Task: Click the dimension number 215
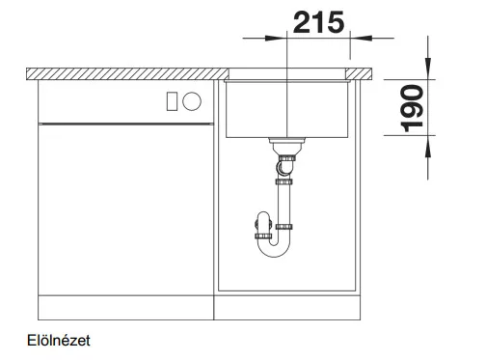[318, 22]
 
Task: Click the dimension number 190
[413, 108]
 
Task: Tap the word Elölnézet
[59, 341]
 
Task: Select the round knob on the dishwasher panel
[192, 101]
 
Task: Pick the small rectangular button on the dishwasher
[172, 101]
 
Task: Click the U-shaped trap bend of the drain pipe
[274, 247]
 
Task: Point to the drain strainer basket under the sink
[287, 145]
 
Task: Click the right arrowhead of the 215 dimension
[361, 39]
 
